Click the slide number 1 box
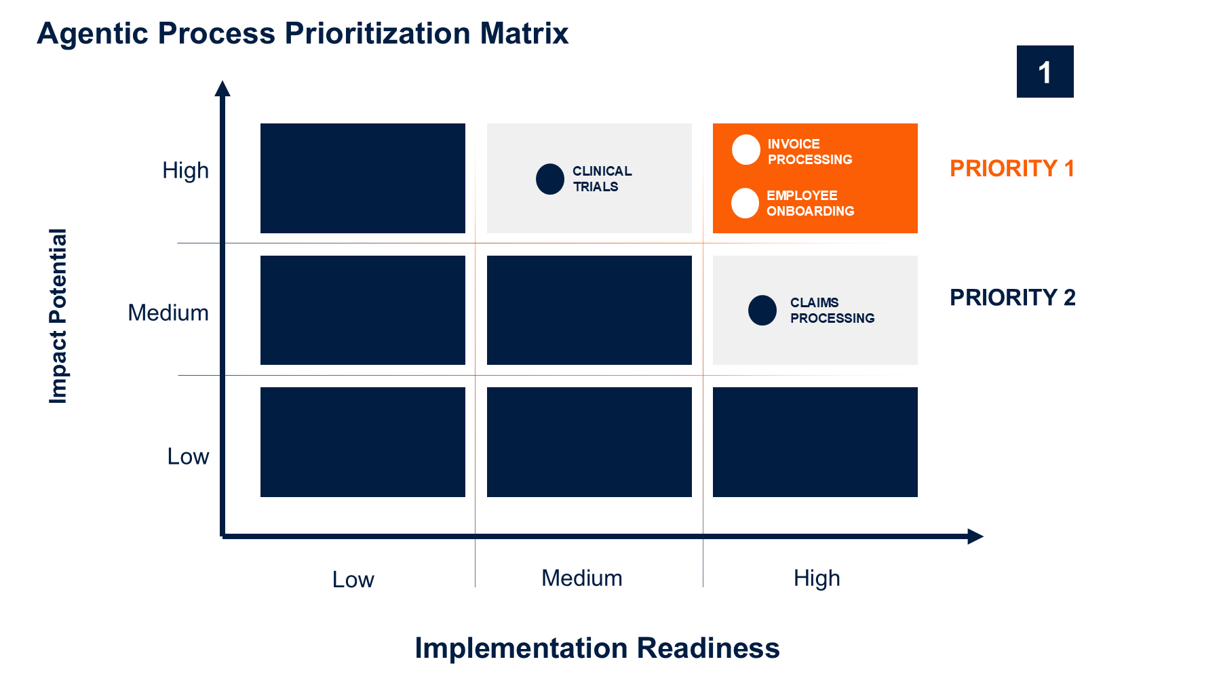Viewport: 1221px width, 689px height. click(x=1045, y=71)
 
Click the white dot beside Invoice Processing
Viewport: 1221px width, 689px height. click(x=745, y=150)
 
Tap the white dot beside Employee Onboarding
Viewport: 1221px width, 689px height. click(x=745, y=203)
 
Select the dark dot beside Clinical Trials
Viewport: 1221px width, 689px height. click(x=550, y=179)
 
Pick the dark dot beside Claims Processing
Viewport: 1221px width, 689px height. click(x=762, y=311)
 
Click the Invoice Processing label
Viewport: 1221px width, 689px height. click(x=810, y=152)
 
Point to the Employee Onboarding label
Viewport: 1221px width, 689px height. click(x=811, y=203)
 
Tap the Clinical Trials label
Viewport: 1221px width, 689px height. click(x=602, y=179)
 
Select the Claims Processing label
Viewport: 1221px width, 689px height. click(x=832, y=311)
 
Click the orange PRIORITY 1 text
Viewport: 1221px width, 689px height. click(x=1012, y=168)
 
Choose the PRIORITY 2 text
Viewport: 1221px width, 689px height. click(x=1013, y=297)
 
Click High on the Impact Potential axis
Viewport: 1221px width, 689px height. click(x=185, y=171)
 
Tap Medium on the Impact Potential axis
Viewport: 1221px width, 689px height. click(x=168, y=313)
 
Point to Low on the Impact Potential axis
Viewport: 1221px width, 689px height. click(x=188, y=456)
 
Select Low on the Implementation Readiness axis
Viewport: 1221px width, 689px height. click(x=353, y=580)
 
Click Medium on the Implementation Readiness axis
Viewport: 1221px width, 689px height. click(x=582, y=578)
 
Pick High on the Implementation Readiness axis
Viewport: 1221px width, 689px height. click(x=817, y=578)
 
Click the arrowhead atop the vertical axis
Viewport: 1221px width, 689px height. click(x=222, y=88)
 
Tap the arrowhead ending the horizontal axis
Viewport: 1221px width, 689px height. click(x=975, y=536)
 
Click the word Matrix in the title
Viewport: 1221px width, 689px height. click(x=524, y=33)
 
